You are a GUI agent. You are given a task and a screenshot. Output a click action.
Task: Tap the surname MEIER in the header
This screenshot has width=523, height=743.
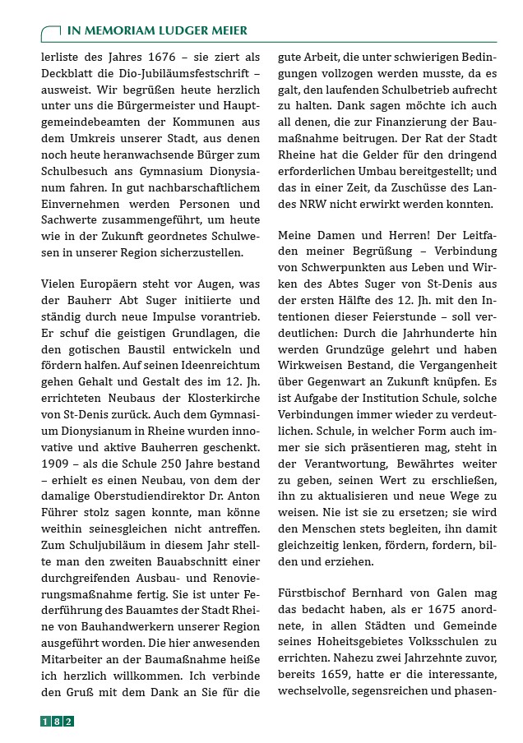[224, 30]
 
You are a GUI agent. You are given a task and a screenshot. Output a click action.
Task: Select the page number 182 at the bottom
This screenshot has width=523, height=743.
[58, 721]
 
